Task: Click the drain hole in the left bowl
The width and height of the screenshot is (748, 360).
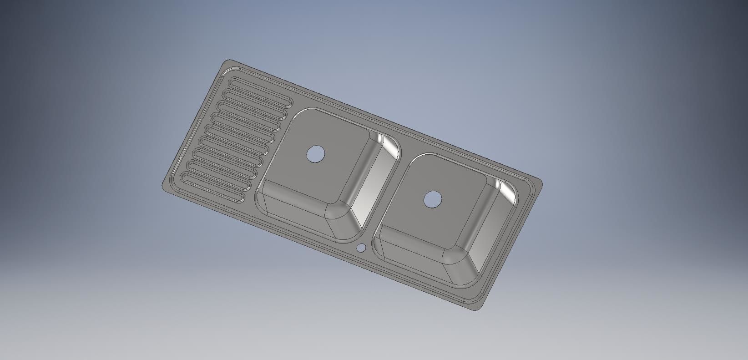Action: coord(316,153)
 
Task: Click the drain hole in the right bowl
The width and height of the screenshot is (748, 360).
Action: coord(433,199)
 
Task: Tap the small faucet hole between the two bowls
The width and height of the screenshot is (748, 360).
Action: coord(361,248)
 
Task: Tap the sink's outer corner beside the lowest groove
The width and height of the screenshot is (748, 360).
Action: coord(164,186)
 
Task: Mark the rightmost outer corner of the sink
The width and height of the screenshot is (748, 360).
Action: coord(541,184)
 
